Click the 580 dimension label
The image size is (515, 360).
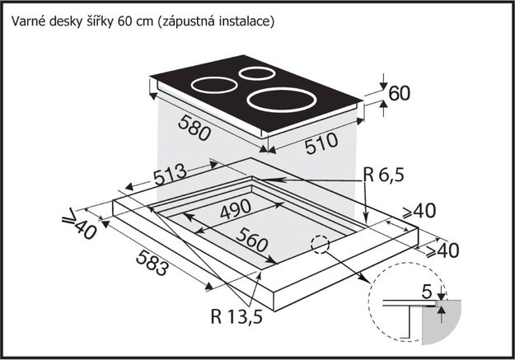(x=194, y=128)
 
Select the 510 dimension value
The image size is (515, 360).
(x=321, y=143)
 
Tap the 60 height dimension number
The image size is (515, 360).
(x=400, y=93)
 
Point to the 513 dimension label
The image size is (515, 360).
(x=170, y=175)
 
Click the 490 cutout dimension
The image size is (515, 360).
(x=236, y=209)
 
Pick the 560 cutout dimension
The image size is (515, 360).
(x=252, y=240)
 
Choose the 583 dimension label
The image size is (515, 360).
(x=152, y=262)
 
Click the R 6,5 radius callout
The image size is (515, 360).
(x=384, y=175)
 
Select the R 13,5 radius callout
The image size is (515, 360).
(x=236, y=317)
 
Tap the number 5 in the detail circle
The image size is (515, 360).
(x=426, y=292)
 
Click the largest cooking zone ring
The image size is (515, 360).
(x=282, y=101)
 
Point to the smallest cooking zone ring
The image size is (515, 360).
(x=257, y=73)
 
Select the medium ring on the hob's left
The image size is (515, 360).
(x=214, y=86)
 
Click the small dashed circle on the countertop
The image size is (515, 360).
(x=321, y=245)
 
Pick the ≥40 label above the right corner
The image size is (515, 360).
(x=419, y=211)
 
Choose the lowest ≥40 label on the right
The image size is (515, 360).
(x=442, y=251)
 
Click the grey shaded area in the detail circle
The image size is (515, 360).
(x=441, y=322)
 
